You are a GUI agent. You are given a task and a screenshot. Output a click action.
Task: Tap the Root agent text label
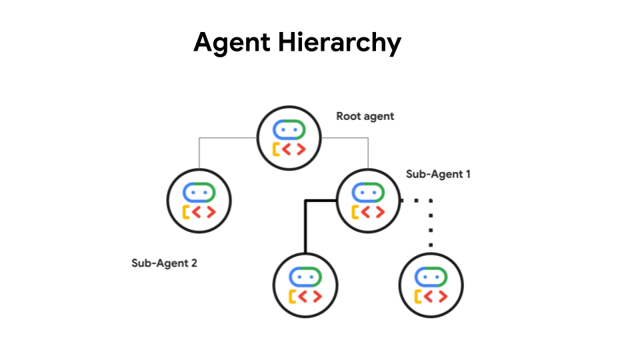point(365,116)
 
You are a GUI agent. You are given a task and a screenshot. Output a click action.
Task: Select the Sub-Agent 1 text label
point(438,175)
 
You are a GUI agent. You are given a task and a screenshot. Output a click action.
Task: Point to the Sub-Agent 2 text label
point(164,263)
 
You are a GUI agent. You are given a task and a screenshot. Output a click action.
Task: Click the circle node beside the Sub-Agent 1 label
point(367,201)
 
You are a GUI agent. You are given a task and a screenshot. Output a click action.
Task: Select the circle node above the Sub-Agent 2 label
point(199,200)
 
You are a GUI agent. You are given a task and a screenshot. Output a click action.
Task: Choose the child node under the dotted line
point(431,285)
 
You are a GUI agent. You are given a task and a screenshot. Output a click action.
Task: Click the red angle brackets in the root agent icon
point(294,148)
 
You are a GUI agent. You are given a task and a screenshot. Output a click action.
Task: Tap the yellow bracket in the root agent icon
point(276,148)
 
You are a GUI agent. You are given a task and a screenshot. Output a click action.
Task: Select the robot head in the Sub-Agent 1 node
point(367,192)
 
